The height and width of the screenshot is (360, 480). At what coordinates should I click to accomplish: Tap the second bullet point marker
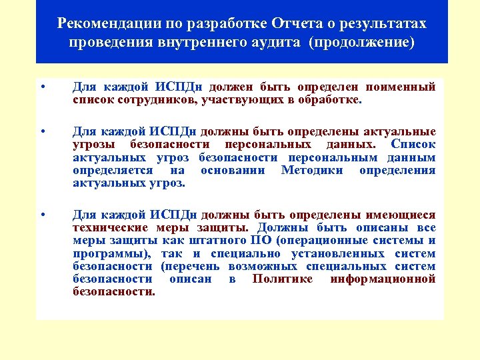tap(42, 131)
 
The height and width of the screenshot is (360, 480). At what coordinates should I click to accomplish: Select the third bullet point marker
tap(42, 215)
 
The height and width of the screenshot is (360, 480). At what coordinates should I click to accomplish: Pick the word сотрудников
tap(147, 100)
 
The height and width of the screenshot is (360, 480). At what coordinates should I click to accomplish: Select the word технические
tap(109, 228)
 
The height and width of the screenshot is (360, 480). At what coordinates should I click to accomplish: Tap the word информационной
tap(383, 279)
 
